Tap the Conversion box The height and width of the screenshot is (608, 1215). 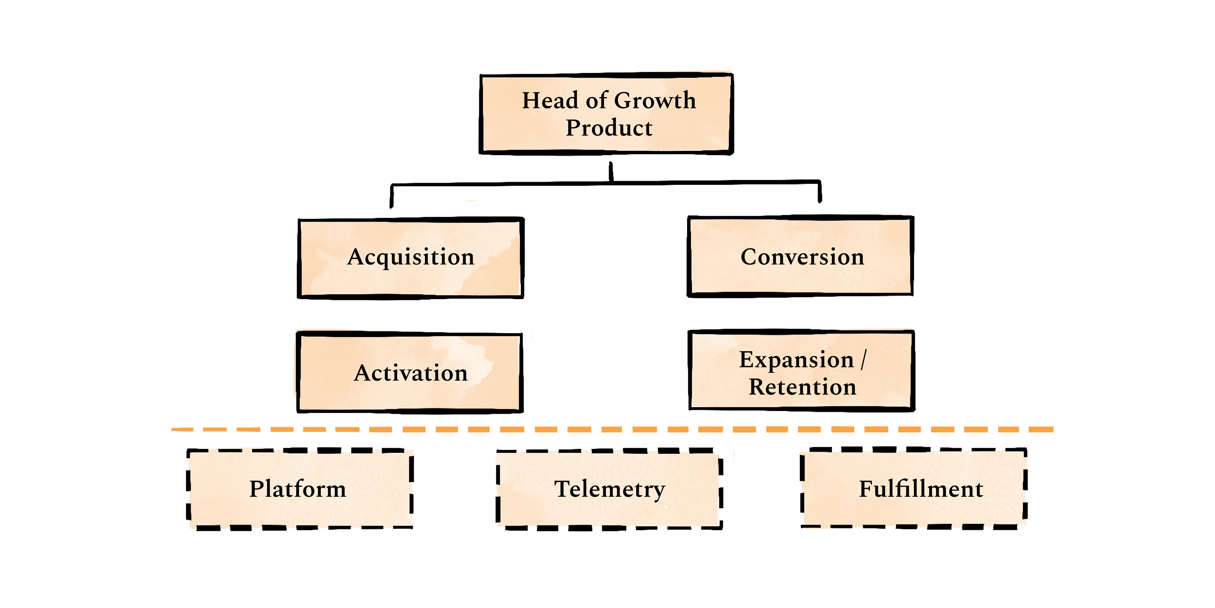800,256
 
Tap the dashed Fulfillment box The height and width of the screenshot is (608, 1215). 914,488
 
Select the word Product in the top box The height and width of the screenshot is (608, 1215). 609,128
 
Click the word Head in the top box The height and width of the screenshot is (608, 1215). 550,101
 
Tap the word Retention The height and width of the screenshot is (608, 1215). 802,387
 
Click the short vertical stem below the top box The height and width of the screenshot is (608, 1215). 611,172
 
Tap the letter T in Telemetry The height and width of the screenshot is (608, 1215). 562,489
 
